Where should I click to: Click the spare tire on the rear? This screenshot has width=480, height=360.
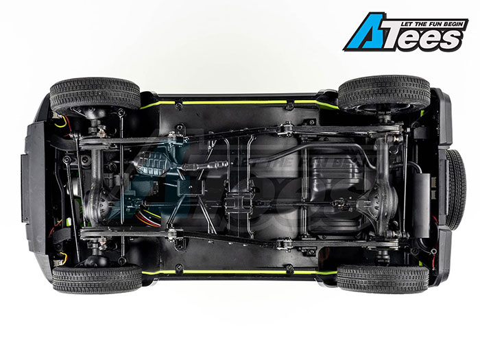[x=455, y=190]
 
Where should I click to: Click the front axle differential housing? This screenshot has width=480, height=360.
[x=97, y=202]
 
